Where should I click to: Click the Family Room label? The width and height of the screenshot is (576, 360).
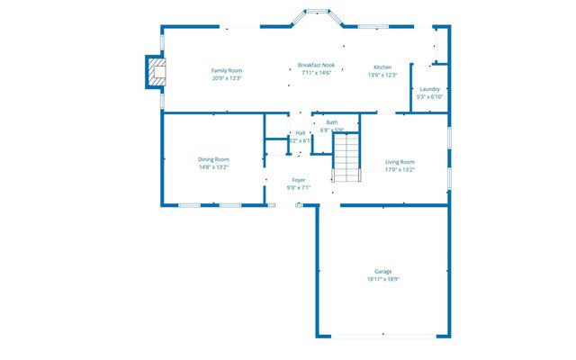[227, 70]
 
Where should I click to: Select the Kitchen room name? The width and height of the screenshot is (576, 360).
[382, 67]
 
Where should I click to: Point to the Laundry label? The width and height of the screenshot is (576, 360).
[429, 88]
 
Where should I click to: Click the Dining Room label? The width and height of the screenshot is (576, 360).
[213, 159]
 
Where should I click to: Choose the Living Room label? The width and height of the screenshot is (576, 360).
[400, 162]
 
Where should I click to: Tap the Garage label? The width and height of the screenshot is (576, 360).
[383, 272]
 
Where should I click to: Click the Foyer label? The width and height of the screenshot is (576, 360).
[299, 180]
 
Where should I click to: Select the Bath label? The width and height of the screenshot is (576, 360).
[332, 122]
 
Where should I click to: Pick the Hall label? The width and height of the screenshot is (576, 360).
[300, 133]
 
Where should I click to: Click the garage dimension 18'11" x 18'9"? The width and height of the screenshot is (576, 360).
[383, 279]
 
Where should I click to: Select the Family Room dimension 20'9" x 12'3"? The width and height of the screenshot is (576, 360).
[227, 77]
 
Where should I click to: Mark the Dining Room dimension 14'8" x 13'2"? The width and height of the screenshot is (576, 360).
[213, 166]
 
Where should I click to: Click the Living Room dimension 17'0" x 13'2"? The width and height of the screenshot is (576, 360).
[400, 169]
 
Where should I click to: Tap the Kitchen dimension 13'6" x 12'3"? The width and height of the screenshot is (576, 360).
[382, 75]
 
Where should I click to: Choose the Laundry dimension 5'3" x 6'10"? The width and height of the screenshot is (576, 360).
[429, 95]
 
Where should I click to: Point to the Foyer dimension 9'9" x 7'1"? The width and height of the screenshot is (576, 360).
[299, 187]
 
